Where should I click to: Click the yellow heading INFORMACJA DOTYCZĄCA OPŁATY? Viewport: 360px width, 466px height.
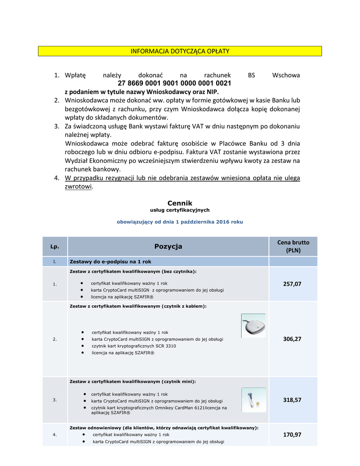pyautogui.click(x=180, y=51)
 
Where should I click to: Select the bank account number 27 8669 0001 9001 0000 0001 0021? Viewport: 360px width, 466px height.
pyautogui.click(x=174, y=83)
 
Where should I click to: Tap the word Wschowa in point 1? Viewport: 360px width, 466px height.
pyautogui.click(x=285, y=75)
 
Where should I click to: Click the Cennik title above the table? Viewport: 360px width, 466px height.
pyautogui.click(x=180, y=203)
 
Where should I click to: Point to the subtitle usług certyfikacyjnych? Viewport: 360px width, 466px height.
pyautogui.click(x=180, y=210)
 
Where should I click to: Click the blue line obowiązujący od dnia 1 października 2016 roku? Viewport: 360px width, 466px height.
pyautogui.click(x=180, y=222)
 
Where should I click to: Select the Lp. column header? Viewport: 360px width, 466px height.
pyautogui.click(x=55, y=247)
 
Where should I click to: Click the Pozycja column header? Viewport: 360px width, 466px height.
pyautogui.click(x=168, y=247)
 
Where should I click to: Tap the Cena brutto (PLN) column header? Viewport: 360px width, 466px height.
pyautogui.click(x=293, y=247)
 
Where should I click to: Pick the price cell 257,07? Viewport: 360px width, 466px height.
pyautogui.click(x=292, y=284)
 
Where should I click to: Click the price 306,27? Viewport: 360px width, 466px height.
pyautogui.click(x=292, y=339)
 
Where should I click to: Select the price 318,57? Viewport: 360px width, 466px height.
pyautogui.click(x=292, y=400)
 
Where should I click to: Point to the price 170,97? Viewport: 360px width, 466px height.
pyautogui.click(x=292, y=435)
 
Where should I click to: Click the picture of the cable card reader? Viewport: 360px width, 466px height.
pyautogui.click(x=253, y=326)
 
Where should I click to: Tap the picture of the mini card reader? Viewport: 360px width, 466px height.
pyautogui.click(x=253, y=400)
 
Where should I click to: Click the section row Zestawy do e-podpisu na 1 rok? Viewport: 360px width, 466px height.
pyautogui.click(x=110, y=262)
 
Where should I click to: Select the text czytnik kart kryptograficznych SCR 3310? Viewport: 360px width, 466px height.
pyautogui.click(x=134, y=346)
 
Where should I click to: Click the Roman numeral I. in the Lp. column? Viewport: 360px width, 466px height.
pyautogui.click(x=55, y=262)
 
